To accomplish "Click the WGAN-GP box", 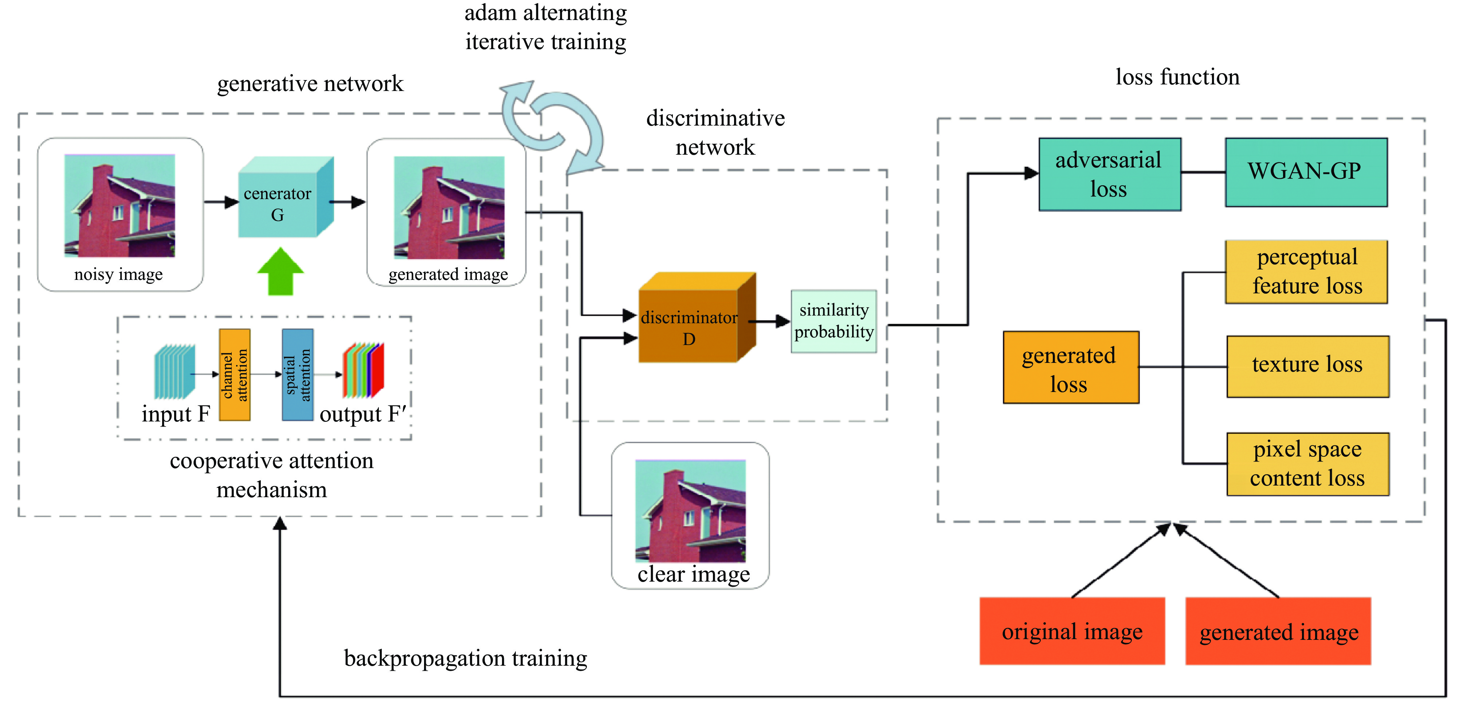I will tap(1306, 172).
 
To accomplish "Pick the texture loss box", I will tap(1307, 366).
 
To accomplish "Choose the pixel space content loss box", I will tap(1307, 464).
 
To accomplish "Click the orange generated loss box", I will tap(1071, 367).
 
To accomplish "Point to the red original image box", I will tap(1072, 631).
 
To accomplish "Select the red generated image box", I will tap(1278, 631).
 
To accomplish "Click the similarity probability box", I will tap(833, 321).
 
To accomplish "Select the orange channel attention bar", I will tap(235, 375).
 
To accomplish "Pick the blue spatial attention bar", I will tap(298, 375).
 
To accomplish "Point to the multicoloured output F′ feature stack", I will tap(364, 370).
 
